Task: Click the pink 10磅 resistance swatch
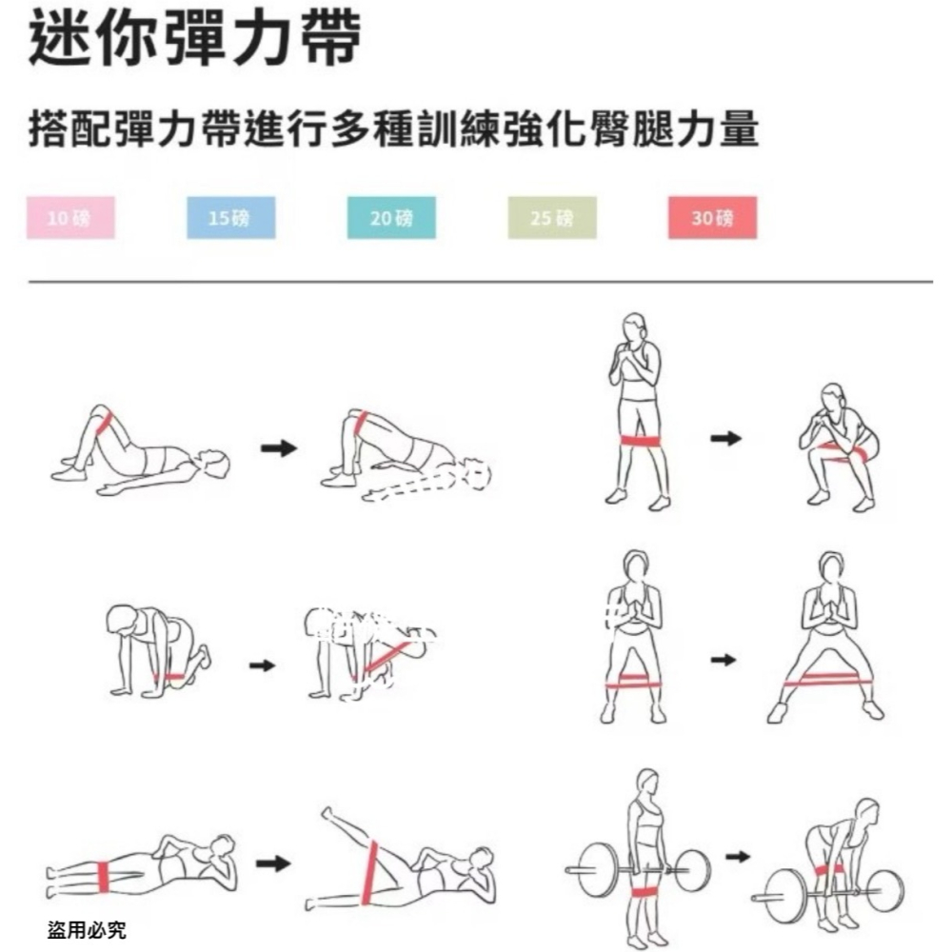tap(69, 218)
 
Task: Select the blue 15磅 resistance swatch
tap(229, 218)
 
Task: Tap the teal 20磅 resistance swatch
tap(391, 218)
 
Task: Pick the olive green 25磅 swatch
tap(552, 218)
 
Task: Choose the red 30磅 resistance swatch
tap(712, 218)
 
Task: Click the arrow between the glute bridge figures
tap(279, 448)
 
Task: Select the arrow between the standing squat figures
tap(726, 438)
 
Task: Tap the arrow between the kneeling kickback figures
tap(262, 664)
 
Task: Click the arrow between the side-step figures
tap(724, 660)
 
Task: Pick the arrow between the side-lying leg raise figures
tap(274, 863)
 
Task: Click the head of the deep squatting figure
tap(834, 396)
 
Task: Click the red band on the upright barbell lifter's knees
tap(645, 891)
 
